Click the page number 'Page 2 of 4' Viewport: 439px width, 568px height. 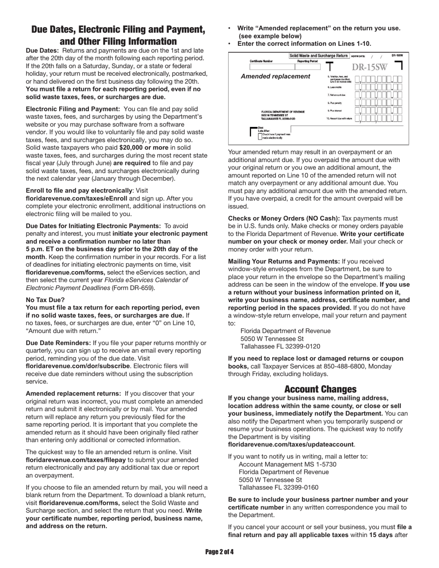tap(219, 552)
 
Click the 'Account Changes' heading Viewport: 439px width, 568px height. tap(320, 389)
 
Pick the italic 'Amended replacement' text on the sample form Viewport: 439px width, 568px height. tap(275, 76)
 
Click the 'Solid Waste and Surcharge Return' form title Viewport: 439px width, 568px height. tap(318, 56)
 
